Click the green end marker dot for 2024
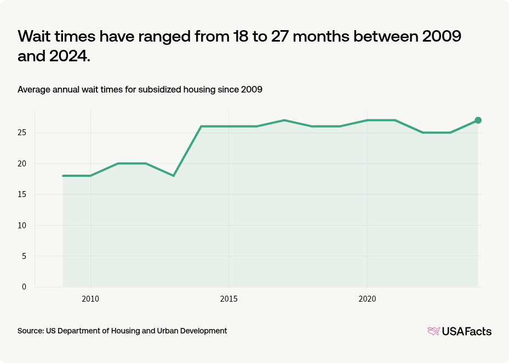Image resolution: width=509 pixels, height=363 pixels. click(x=478, y=120)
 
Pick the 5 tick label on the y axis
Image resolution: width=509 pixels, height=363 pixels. click(x=24, y=256)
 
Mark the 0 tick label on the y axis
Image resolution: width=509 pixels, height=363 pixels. click(x=24, y=286)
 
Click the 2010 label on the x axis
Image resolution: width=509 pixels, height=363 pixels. click(x=90, y=299)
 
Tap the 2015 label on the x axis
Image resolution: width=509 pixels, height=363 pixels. click(x=228, y=299)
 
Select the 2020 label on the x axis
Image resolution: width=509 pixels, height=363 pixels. click(x=367, y=299)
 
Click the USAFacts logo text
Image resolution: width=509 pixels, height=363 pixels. click(x=467, y=331)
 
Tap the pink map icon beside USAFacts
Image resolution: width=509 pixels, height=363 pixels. click(x=433, y=331)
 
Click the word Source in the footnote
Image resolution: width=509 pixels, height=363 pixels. click(x=30, y=331)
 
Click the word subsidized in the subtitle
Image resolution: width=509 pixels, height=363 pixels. click(x=163, y=90)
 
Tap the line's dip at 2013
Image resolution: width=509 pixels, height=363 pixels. click(x=173, y=176)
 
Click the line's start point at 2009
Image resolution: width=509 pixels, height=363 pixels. click(x=63, y=176)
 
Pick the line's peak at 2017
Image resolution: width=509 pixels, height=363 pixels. click(x=284, y=120)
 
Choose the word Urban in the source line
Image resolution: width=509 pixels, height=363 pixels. click(x=169, y=331)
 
